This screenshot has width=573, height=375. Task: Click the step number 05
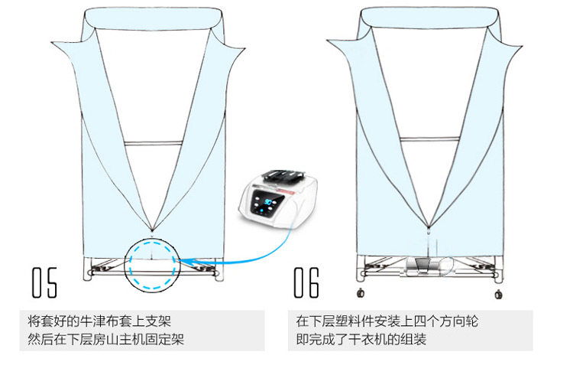point(44,282)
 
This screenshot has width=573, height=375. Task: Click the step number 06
point(306,282)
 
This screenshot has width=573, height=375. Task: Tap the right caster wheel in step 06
point(500,293)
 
